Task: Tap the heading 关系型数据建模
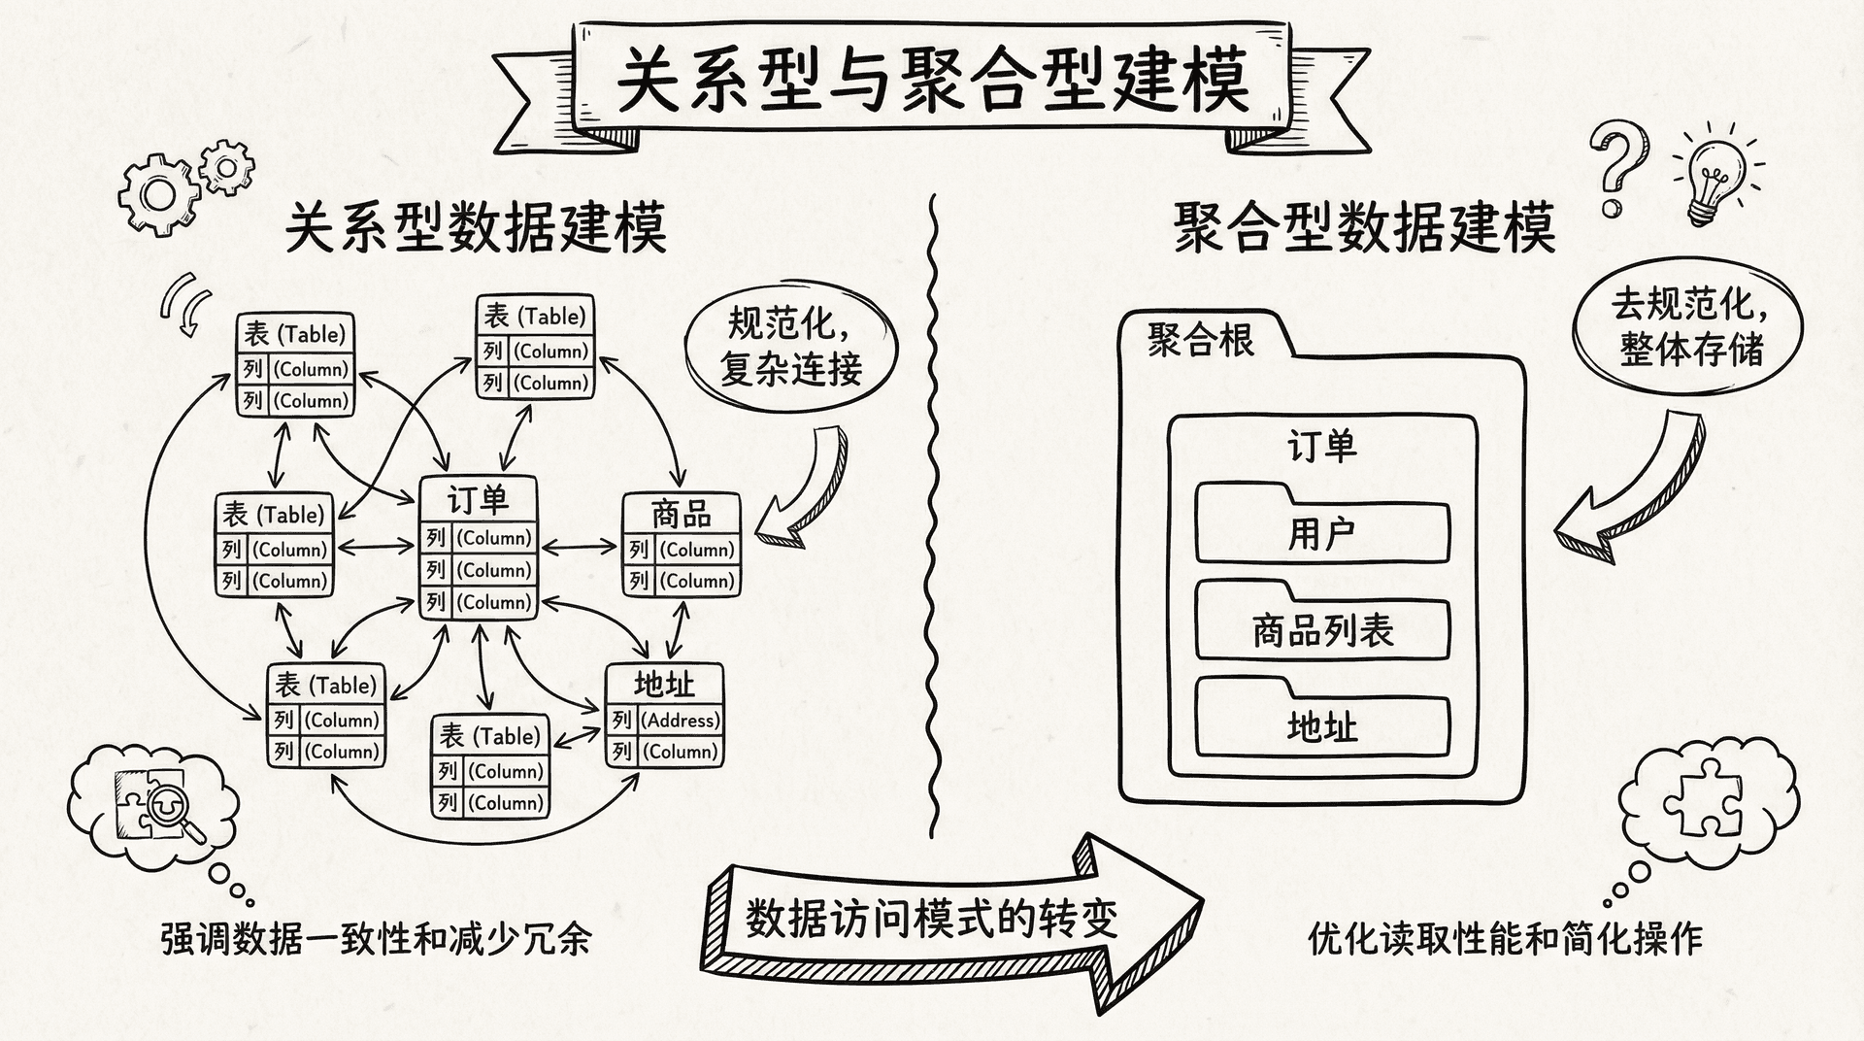pyautogui.click(x=476, y=228)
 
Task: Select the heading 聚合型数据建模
pyautogui.click(x=1364, y=228)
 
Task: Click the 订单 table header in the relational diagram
pyautogui.click(x=478, y=500)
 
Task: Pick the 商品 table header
pyautogui.click(x=681, y=513)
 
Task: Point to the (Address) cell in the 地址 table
pyautogui.click(x=681, y=721)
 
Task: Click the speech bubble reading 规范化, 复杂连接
pyautogui.click(x=791, y=347)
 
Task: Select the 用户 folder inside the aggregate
pyautogui.click(x=1321, y=531)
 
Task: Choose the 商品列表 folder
pyautogui.click(x=1321, y=629)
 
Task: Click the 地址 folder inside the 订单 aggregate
pyautogui.click(x=1321, y=725)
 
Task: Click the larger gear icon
pyautogui.click(x=157, y=194)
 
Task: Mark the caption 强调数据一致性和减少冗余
pyautogui.click(x=376, y=939)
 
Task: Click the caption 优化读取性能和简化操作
pyautogui.click(x=1505, y=939)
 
